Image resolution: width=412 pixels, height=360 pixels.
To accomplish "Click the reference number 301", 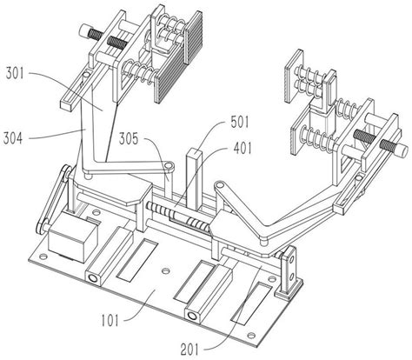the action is [x=15, y=73].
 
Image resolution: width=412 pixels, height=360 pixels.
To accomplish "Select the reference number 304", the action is [x=12, y=138].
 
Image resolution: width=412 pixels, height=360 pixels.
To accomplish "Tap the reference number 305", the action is [x=129, y=138].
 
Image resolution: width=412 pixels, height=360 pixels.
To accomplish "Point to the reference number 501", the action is [x=240, y=122].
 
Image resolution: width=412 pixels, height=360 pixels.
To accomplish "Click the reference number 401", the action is [x=243, y=149].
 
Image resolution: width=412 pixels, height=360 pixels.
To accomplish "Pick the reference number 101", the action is [x=110, y=321].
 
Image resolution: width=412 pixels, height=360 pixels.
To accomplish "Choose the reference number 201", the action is [x=189, y=350].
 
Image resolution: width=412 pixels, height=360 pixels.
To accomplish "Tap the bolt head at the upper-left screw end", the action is [x=85, y=30].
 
